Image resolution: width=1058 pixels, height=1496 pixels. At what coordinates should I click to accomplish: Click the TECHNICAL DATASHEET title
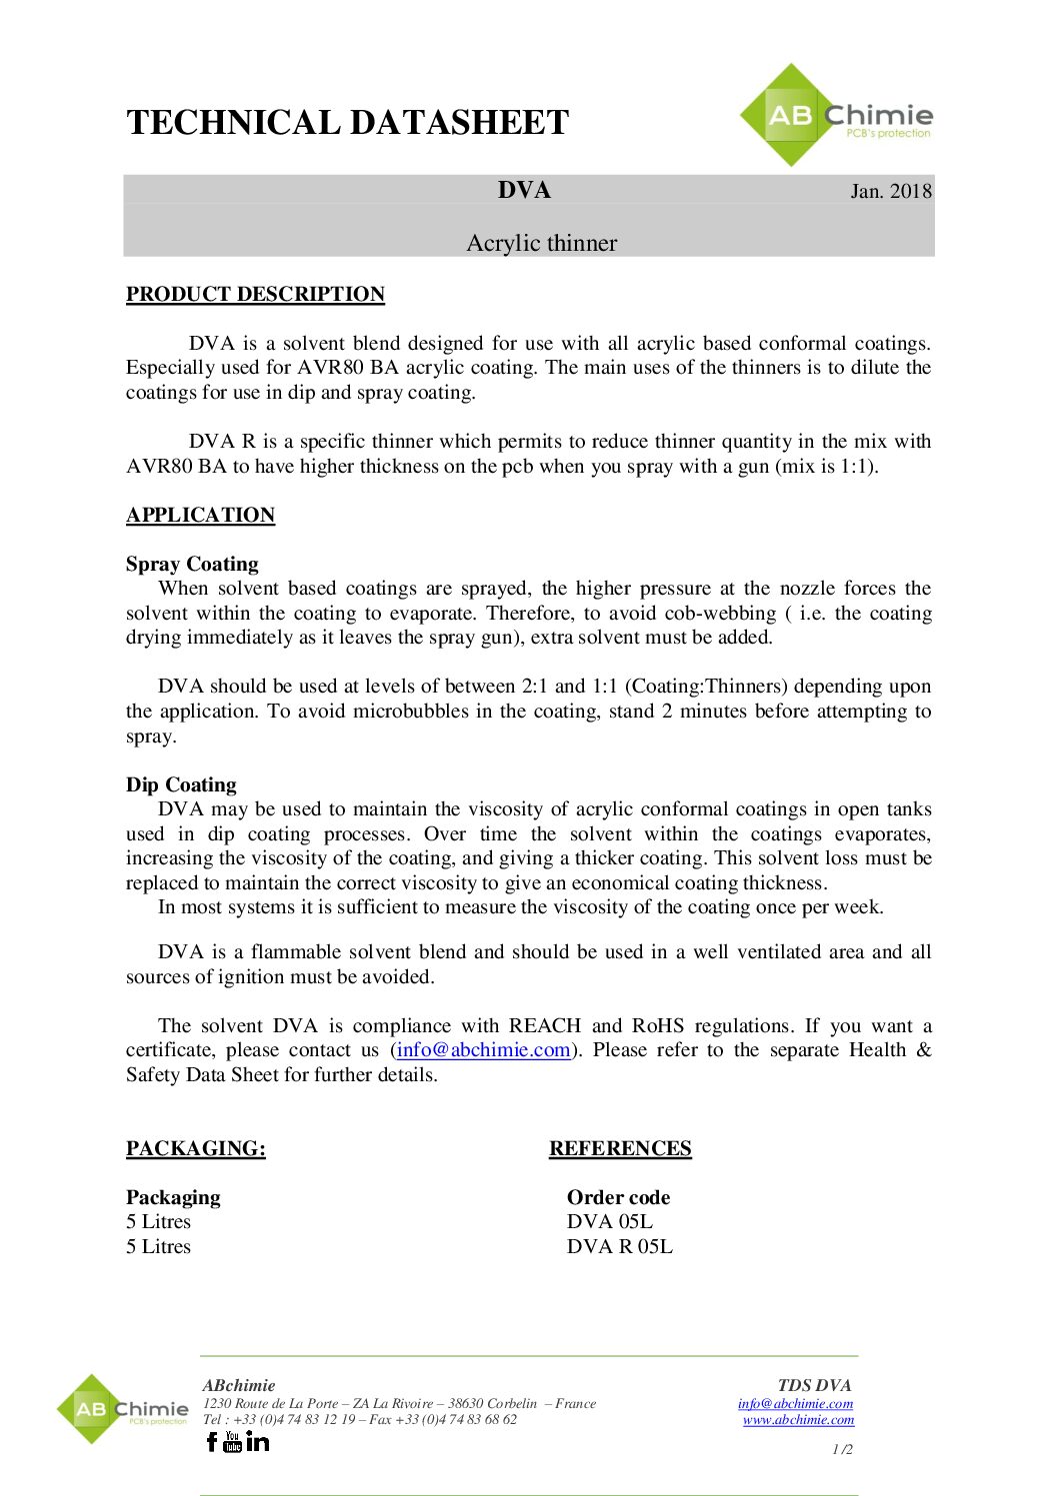coord(347,123)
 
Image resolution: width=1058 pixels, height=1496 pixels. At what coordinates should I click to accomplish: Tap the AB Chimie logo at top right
coord(835,116)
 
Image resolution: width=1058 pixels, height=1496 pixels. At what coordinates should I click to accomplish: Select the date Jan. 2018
coord(890,191)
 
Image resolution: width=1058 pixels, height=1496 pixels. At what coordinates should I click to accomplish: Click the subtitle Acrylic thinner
coord(541,243)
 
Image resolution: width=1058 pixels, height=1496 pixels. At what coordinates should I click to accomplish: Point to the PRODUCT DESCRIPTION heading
coord(255,294)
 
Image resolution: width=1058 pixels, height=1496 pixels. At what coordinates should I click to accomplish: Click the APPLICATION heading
coord(200,515)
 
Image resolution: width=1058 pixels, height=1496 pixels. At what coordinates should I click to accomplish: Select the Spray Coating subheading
coord(192,564)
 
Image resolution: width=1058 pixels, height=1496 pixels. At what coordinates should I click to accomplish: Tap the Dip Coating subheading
coord(181,784)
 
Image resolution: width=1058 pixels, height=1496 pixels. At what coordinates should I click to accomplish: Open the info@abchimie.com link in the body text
coord(484,1050)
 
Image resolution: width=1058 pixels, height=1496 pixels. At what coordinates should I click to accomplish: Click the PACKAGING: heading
coord(196,1148)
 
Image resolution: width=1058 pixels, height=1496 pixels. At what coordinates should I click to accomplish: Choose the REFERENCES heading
coord(620,1148)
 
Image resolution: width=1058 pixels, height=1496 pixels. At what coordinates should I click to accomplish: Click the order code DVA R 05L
coord(619,1246)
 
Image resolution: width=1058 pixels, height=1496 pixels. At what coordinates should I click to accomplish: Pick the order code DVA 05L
coord(609,1221)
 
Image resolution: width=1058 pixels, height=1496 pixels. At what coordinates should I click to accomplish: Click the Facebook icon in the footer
coord(212,1441)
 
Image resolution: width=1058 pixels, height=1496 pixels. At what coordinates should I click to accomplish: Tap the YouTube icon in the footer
coord(233,1441)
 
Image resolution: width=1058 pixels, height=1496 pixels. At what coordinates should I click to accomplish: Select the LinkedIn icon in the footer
coord(257,1441)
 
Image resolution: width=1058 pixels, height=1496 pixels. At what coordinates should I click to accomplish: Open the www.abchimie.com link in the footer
coord(798,1419)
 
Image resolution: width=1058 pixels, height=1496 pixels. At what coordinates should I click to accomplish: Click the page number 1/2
coord(842,1449)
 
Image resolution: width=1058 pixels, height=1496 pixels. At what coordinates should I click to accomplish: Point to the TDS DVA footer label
coord(814,1385)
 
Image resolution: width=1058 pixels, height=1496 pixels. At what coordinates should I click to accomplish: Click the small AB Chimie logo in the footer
coord(122,1410)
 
